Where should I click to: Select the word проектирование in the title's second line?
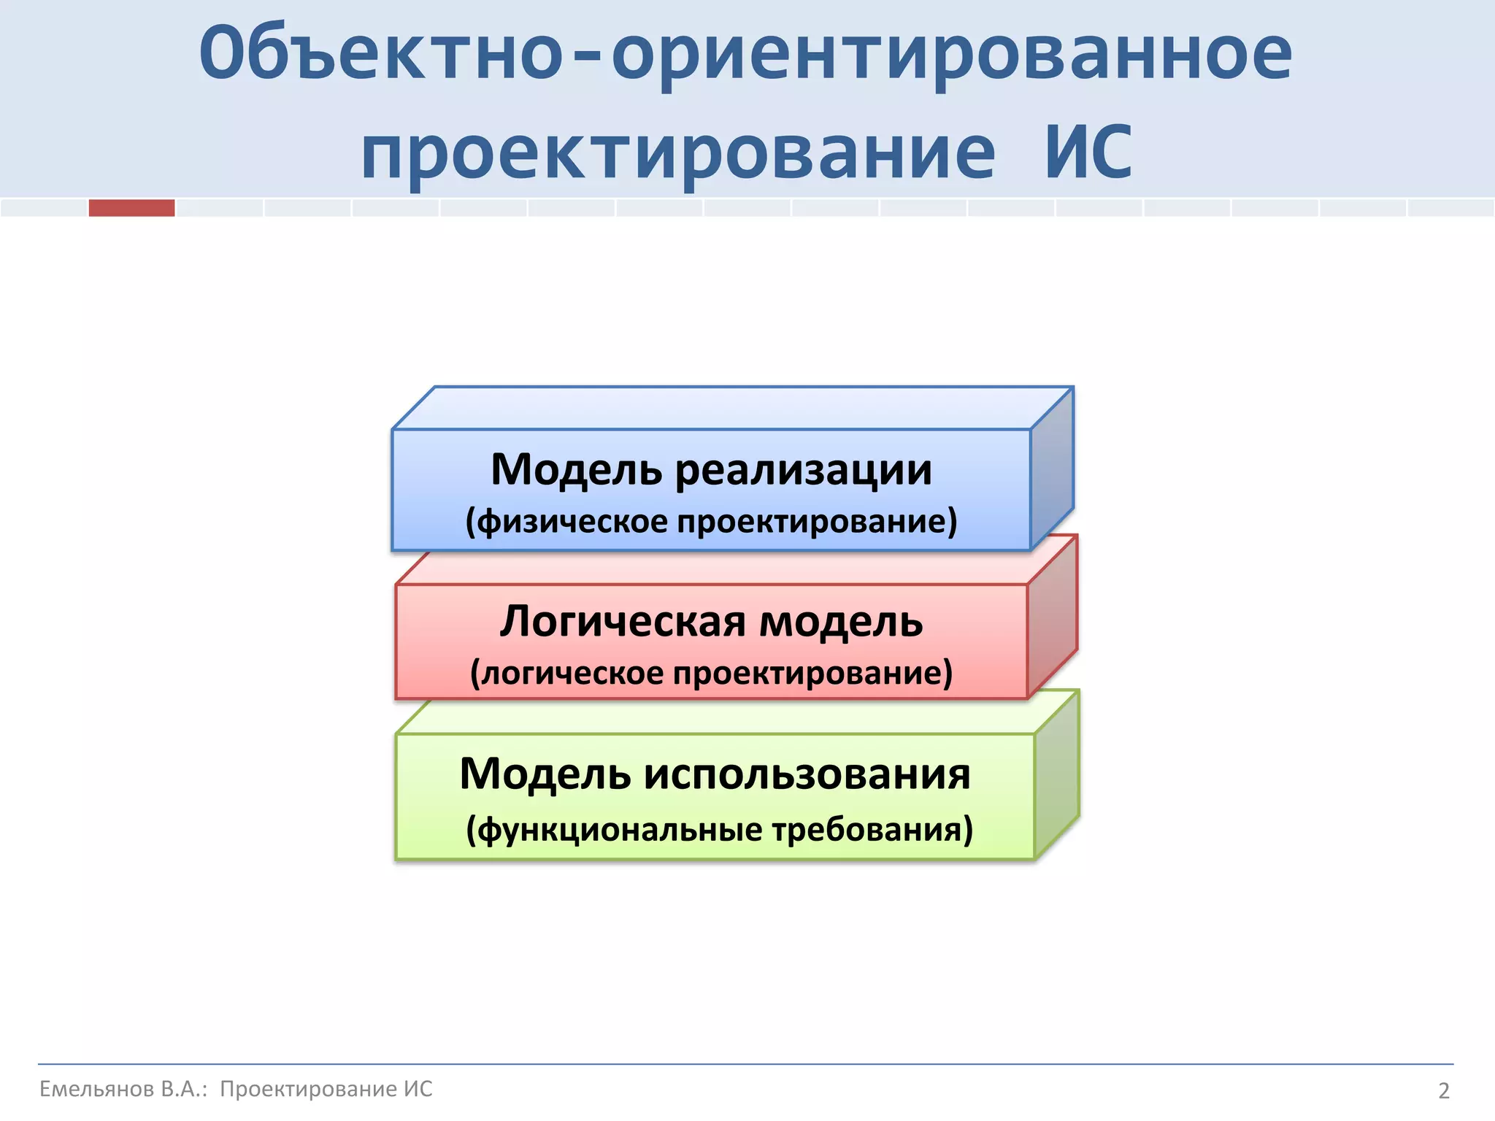[x=678, y=153]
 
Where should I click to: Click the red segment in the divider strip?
[x=131, y=208]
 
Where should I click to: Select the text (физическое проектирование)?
[x=711, y=522]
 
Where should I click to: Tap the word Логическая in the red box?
[x=623, y=622]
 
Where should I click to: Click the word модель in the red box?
[x=841, y=622]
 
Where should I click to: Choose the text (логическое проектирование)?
[x=711, y=673]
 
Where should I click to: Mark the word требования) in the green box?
[x=873, y=830]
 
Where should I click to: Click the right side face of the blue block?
[x=1052, y=471]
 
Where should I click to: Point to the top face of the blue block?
[x=730, y=408]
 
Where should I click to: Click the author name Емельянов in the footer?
[x=96, y=1089]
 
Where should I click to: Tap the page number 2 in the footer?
[x=1443, y=1090]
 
